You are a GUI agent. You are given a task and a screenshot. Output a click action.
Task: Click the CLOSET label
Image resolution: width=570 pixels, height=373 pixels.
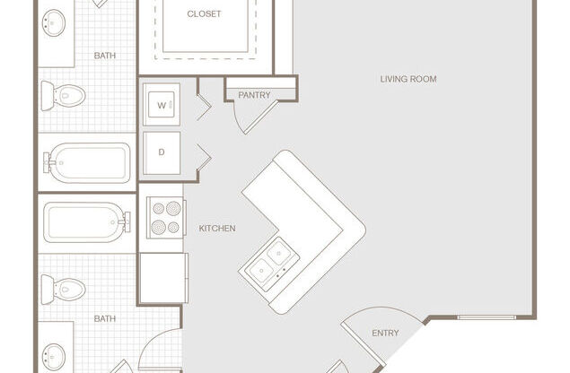(x=204, y=13)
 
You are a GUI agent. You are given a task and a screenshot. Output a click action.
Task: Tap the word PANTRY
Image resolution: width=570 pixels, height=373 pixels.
(x=254, y=95)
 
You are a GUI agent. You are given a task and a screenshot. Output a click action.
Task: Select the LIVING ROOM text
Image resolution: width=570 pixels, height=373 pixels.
(x=408, y=79)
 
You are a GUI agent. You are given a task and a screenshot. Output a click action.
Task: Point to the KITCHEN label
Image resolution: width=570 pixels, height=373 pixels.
(x=217, y=228)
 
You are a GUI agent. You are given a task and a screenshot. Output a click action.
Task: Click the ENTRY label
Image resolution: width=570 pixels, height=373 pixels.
(x=385, y=333)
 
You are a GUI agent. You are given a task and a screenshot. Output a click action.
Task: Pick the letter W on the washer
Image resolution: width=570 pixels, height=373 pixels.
(x=162, y=105)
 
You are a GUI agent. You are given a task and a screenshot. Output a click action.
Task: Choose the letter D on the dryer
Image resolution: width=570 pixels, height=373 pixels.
(x=162, y=152)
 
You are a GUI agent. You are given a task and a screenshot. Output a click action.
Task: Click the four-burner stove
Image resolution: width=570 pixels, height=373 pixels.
(x=166, y=217)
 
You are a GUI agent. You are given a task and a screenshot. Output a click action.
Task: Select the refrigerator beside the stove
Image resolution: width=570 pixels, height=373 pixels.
(x=163, y=278)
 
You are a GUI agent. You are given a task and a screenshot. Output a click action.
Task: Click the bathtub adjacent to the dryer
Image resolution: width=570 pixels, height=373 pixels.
(x=87, y=162)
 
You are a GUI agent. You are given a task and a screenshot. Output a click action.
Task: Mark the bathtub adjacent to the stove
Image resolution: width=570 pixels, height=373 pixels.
(x=86, y=222)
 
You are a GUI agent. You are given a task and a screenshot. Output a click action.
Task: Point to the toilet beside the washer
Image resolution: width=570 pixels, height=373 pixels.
(x=63, y=96)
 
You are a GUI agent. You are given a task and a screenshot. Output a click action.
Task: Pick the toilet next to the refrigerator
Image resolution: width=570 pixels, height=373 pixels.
(x=63, y=290)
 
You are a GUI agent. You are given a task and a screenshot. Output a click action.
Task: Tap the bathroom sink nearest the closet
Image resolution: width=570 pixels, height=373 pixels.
(x=54, y=23)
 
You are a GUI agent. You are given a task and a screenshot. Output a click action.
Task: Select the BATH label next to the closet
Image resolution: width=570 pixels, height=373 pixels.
(x=105, y=56)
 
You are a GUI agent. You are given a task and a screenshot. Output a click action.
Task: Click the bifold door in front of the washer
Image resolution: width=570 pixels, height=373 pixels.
(x=204, y=107)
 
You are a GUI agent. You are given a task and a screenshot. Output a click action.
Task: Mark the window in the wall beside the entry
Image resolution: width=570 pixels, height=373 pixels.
(x=487, y=317)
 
